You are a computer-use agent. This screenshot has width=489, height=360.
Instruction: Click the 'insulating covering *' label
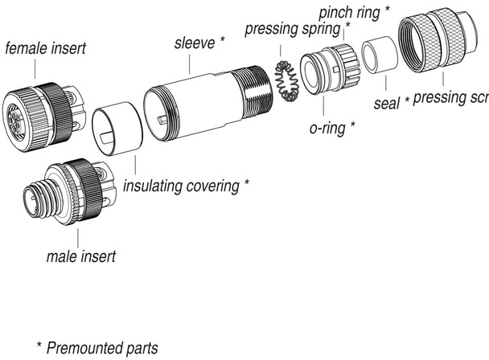186,186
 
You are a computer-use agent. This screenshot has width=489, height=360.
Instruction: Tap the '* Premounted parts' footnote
97,349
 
